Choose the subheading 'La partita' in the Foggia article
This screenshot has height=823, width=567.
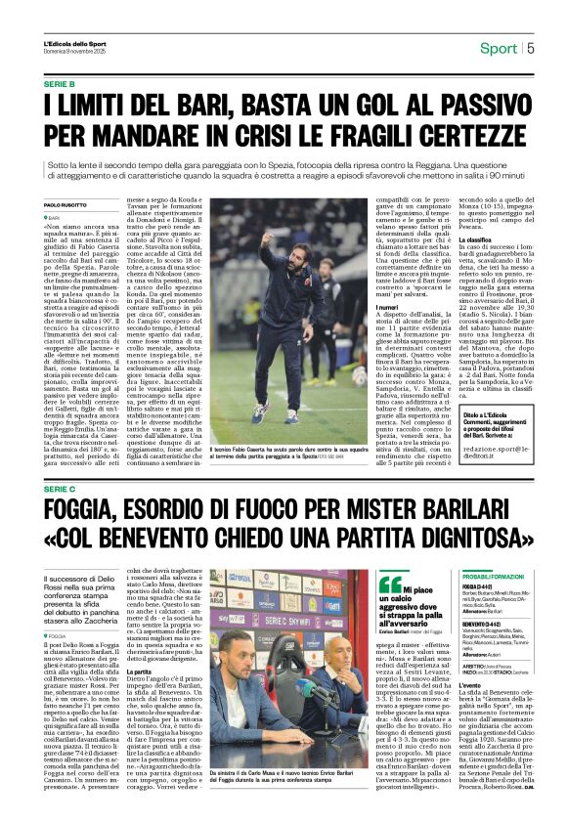(138, 699)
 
